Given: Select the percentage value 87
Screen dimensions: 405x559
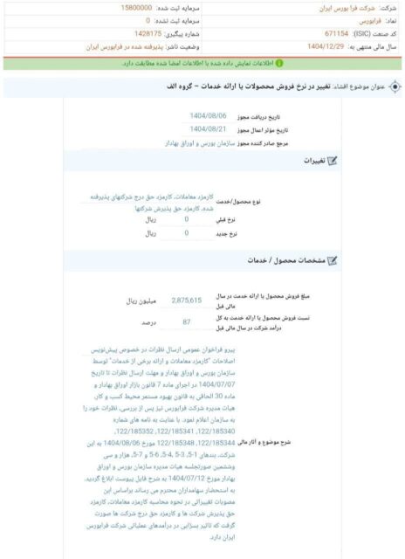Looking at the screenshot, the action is pos(187,322).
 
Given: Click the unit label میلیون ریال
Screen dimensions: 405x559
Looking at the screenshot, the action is pos(141,300).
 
